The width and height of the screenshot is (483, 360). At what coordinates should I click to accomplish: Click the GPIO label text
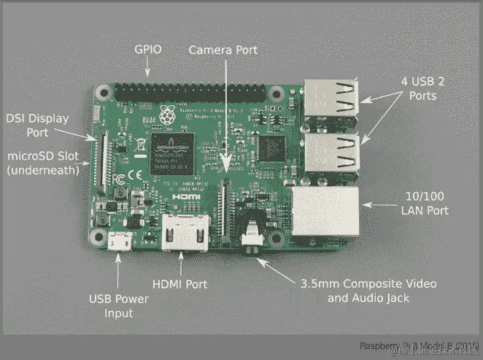[x=149, y=50]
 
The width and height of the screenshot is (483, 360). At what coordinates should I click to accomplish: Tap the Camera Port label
[x=223, y=50]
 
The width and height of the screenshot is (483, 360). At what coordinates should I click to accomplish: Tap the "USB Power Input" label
[x=119, y=306]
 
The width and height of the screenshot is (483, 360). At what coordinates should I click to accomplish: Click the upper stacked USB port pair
[x=333, y=99]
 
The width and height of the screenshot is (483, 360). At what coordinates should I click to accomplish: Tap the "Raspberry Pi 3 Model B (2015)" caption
[x=420, y=345]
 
